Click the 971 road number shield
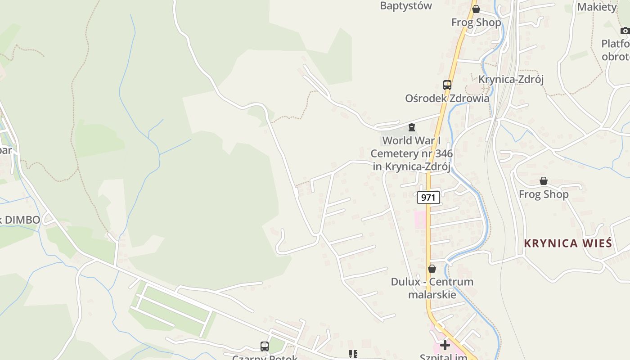pyautogui.click(x=428, y=197)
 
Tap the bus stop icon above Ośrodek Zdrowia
pyautogui.click(x=447, y=85)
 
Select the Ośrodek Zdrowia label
pyautogui.click(x=447, y=98)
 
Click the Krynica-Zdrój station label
pyautogui.click(x=511, y=80)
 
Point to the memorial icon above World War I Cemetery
pyautogui.click(x=411, y=127)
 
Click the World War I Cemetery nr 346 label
pyautogui.click(x=412, y=153)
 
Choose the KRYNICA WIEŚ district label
pyautogui.click(x=568, y=243)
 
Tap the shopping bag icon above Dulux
pyautogui.click(x=432, y=269)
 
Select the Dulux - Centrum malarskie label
pyautogui.click(x=432, y=288)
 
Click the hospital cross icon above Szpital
pyautogui.click(x=445, y=345)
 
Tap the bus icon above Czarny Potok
pyautogui.click(x=265, y=346)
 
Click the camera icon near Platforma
pyautogui.click(x=625, y=31)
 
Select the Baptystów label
pyautogui.click(x=406, y=6)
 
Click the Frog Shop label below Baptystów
pyautogui.click(x=476, y=22)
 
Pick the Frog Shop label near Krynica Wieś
pyautogui.click(x=544, y=194)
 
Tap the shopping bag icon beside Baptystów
pyautogui.click(x=476, y=9)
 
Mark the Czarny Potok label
pyautogui.click(x=265, y=357)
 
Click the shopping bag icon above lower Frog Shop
pyautogui.click(x=544, y=181)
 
